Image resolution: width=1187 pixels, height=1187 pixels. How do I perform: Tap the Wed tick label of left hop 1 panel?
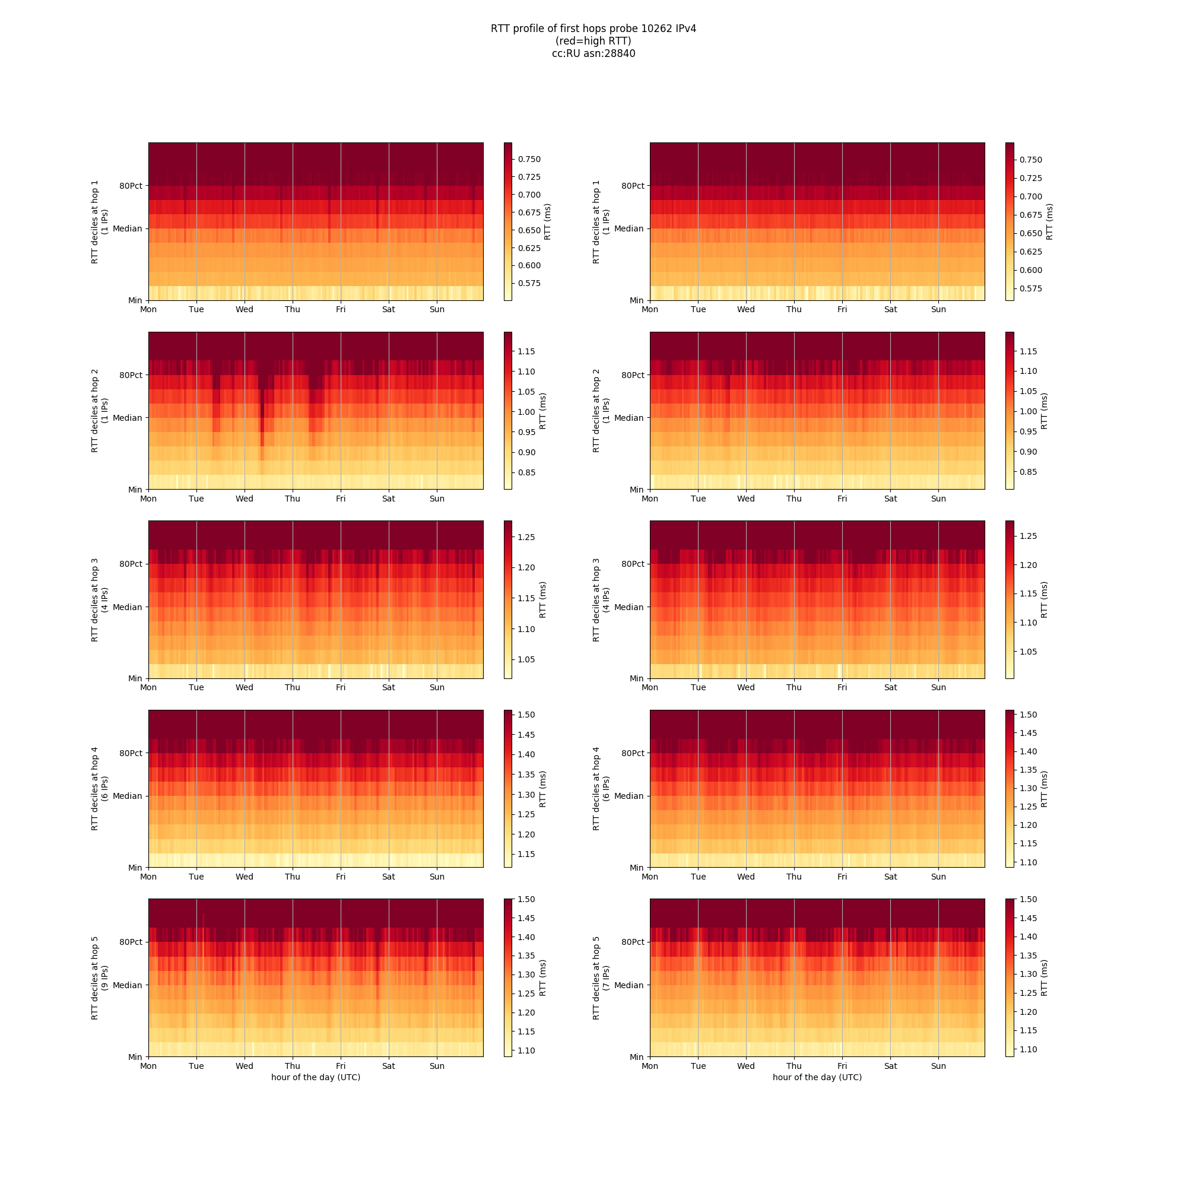[245, 310]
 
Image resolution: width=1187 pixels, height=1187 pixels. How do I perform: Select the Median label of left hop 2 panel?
[127, 418]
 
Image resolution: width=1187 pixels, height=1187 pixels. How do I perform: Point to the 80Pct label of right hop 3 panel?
[633, 564]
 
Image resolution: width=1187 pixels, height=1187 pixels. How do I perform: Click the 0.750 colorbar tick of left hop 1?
[529, 159]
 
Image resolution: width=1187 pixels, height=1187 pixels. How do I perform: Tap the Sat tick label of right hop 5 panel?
[890, 1066]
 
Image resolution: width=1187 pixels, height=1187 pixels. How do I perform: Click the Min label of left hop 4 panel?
[135, 868]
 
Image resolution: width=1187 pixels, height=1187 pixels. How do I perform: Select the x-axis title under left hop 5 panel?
[316, 1077]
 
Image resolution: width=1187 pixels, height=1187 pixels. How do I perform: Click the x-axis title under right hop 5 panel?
[817, 1077]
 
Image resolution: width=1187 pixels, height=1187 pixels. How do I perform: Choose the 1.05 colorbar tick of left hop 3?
[526, 659]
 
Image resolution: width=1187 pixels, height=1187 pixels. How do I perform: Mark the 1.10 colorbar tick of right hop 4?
[1029, 862]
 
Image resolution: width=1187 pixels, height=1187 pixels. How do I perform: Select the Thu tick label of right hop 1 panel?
[795, 310]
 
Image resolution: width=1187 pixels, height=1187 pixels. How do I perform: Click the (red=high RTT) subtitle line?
[593, 41]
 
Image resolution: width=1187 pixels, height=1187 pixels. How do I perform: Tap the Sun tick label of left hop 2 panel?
[437, 499]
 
